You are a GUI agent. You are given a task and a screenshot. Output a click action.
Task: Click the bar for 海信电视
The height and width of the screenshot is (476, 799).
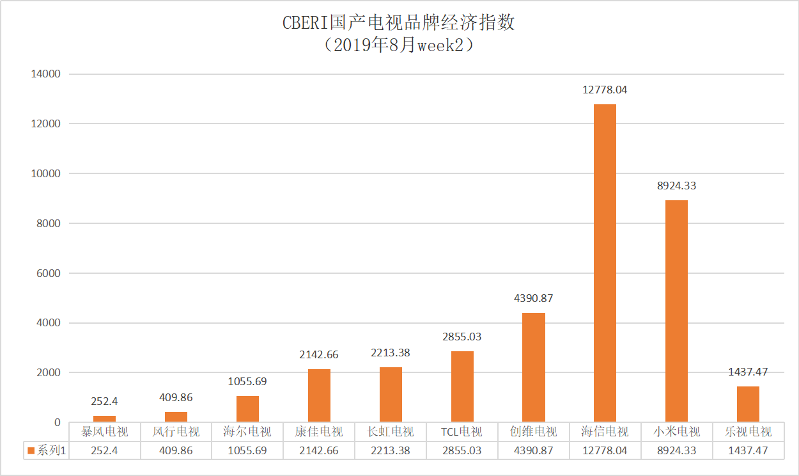tap(605, 263)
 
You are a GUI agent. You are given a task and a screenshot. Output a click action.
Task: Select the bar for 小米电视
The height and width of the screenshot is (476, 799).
tap(676, 311)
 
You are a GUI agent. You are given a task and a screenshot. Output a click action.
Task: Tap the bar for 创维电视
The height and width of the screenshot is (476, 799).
tap(533, 367)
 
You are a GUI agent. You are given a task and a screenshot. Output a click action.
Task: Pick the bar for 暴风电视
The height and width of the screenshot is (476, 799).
tap(104, 419)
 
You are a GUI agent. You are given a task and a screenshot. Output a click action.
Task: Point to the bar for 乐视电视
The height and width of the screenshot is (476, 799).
tap(748, 404)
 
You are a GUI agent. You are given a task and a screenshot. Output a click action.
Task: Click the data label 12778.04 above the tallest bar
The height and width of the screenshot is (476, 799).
tap(605, 90)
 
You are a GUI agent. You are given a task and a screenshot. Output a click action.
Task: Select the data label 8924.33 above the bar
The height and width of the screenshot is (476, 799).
tap(676, 186)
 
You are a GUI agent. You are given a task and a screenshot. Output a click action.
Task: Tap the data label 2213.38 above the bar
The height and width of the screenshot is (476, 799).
tap(390, 353)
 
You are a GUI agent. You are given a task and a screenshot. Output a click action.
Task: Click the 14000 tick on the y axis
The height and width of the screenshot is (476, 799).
tap(45, 74)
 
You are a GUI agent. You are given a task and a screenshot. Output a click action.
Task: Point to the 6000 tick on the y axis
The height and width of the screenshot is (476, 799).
tap(48, 273)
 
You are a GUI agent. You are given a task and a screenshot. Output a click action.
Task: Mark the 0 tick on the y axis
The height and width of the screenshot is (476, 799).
tap(57, 423)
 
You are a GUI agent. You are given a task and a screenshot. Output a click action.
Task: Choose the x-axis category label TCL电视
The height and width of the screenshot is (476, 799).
tap(462, 432)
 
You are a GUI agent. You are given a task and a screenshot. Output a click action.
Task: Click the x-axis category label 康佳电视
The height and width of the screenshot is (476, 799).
tap(319, 432)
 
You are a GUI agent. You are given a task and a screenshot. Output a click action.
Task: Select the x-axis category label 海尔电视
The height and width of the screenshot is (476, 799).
tap(247, 432)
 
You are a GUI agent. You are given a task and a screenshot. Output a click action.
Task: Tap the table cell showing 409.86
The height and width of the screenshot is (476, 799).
tap(176, 450)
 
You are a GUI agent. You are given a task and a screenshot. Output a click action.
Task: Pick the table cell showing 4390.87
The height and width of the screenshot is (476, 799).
tap(533, 450)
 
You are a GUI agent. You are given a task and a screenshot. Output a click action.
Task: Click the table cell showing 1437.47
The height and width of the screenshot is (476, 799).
tap(748, 450)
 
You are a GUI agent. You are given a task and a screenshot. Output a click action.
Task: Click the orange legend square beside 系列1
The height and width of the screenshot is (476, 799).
tap(31, 451)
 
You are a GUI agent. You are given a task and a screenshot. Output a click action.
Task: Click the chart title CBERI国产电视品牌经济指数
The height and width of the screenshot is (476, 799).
tap(399, 23)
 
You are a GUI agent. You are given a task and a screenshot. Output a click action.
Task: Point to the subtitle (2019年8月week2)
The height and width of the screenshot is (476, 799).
tap(399, 45)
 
